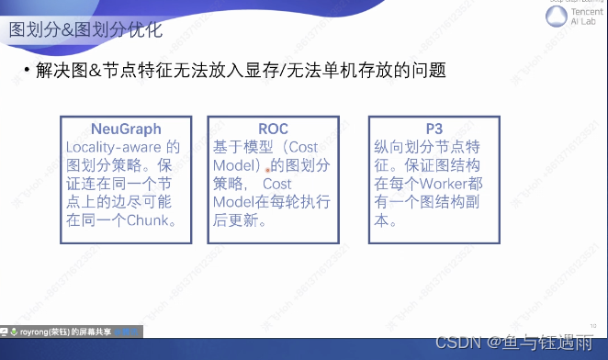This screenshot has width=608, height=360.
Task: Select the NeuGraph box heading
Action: pyautogui.click(x=127, y=129)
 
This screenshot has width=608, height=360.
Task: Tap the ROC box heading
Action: pyautogui.click(x=274, y=129)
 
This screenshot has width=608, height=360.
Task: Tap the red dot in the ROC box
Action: pyautogui.click(x=268, y=170)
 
